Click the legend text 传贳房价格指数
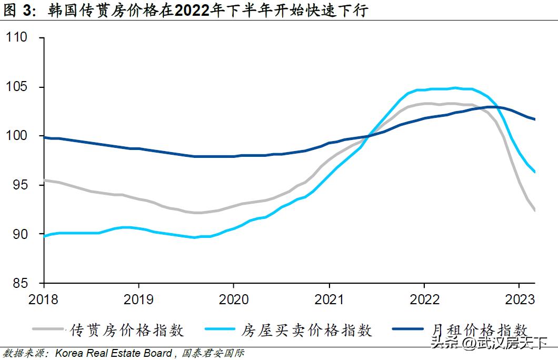pyautogui.click(x=127, y=330)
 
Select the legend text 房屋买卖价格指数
pyautogui.click(x=307, y=330)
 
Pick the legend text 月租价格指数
pyautogui.click(x=480, y=330)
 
